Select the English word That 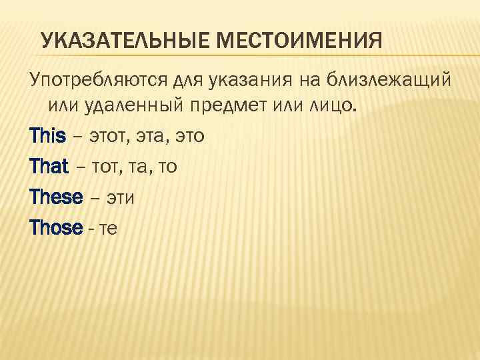[x=49, y=167]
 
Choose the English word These [x=56, y=197]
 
